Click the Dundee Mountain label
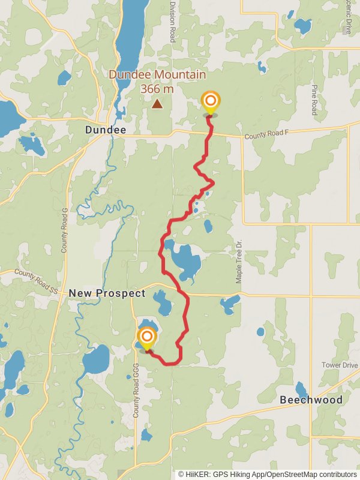[157, 75]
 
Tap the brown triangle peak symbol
[157, 104]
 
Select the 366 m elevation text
[157, 89]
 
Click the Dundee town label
[105, 130]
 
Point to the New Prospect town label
[107, 293]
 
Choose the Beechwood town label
[311, 400]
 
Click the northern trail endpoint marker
[210, 102]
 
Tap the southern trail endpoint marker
[146, 338]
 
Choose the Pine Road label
[314, 100]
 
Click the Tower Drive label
[339, 365]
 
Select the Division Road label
[172, 22]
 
